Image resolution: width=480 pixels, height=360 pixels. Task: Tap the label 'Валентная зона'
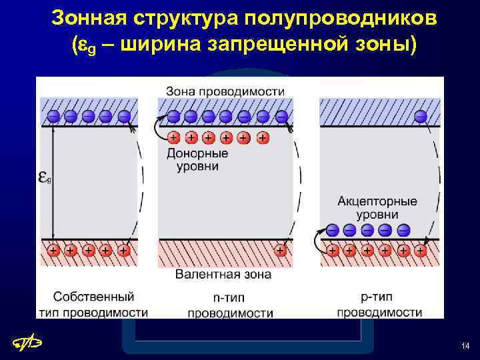223,274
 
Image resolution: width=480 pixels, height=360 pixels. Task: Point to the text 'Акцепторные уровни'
377,207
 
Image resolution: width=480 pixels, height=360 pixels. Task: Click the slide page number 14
465,345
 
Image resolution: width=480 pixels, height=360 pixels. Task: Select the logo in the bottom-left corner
29,343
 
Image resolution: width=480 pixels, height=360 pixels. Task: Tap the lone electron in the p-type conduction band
421,116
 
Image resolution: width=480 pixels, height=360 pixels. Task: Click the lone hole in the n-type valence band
281,251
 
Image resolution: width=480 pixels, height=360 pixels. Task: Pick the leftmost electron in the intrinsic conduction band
53,116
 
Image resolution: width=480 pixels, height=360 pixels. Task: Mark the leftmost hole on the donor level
173,138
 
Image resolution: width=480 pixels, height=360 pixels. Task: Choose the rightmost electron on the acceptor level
403,230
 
